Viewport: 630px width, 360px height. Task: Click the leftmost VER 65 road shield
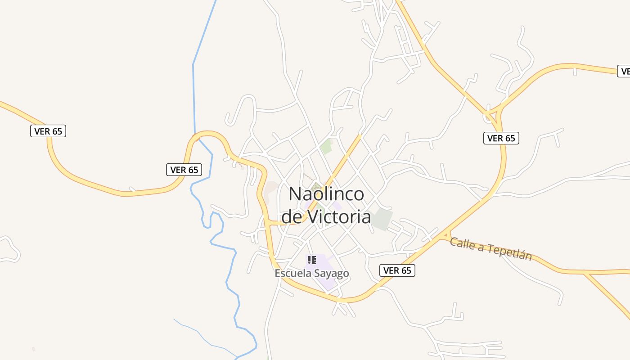[48, 131]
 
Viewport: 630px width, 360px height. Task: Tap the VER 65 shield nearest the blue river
[184, 170]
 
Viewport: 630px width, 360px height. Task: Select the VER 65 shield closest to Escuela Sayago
[397, 270]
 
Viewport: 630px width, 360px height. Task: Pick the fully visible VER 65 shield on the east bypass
[501, 138]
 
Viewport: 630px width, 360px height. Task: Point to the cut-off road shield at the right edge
[625, 71]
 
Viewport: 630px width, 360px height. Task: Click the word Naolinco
[326, 194]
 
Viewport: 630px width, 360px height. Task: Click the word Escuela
[293, 273]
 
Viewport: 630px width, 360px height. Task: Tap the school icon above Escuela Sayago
[311, 260]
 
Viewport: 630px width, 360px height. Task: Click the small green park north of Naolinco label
[326, 146]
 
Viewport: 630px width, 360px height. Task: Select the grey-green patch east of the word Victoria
[382, 220]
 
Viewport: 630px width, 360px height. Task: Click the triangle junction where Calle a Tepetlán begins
[445, 235]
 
